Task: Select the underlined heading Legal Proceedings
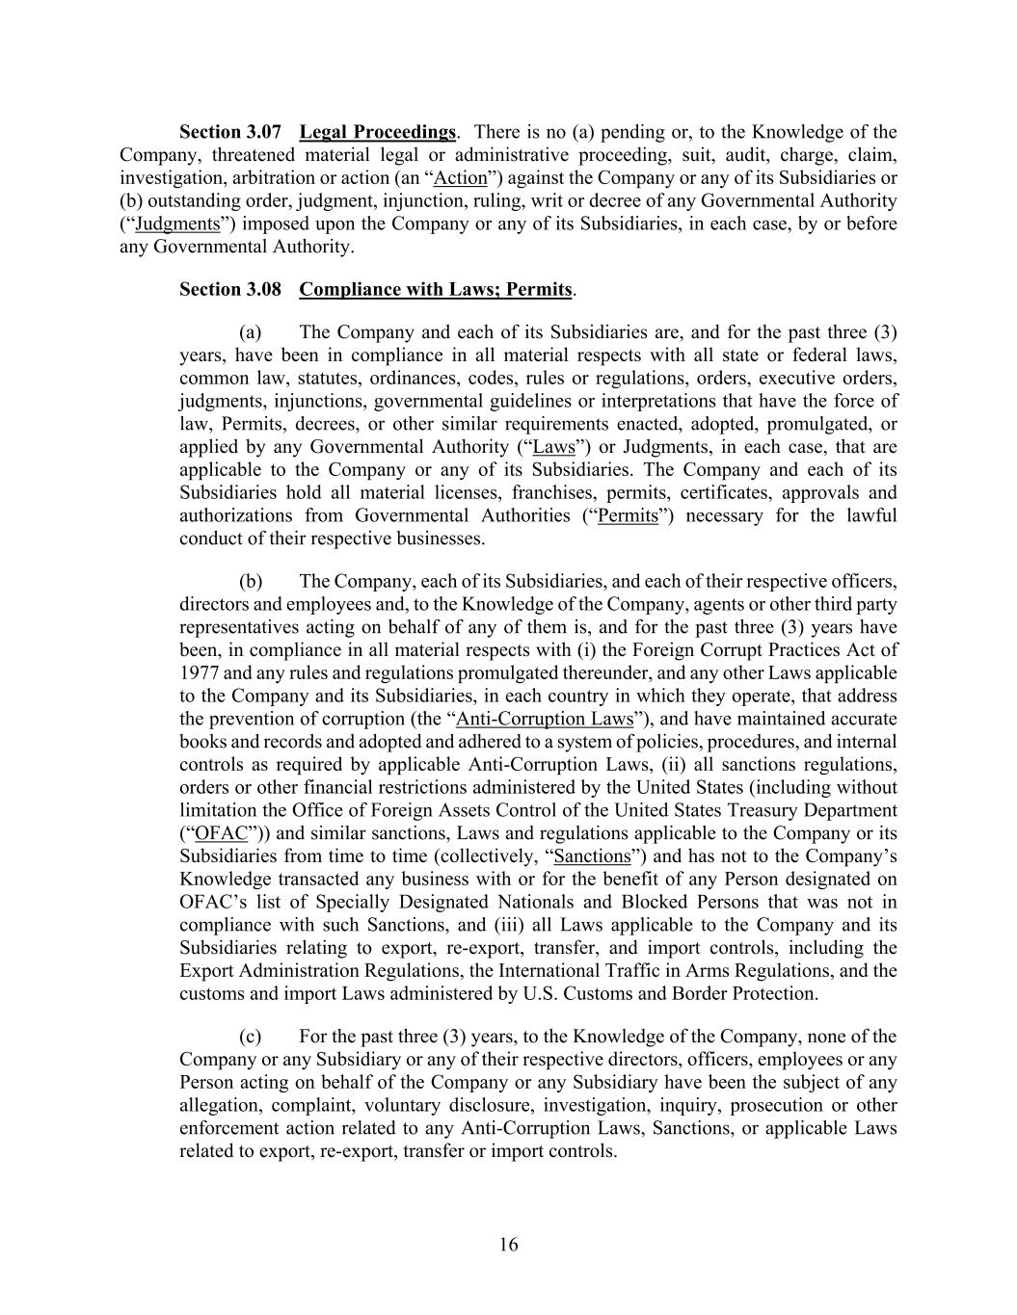377,132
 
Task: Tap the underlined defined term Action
461,178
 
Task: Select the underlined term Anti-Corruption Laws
545,720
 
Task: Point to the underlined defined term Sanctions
593,857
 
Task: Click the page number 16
509,1245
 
